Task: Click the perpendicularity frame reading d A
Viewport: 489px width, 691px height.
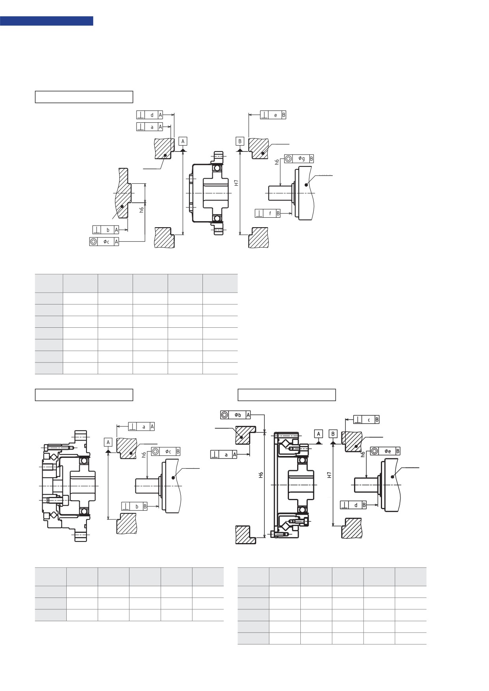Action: [x=150, y=115]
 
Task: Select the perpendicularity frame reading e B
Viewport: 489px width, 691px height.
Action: [x=273, y=115]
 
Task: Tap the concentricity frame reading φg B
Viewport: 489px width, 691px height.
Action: [x=299, y=159]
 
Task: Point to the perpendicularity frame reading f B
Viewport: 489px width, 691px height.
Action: [x=268, y=213]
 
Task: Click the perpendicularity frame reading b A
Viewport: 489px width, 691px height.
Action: [x=105, y=230]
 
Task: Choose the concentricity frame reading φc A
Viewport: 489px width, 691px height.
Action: [x=104, y=242]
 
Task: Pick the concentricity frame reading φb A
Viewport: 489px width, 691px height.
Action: [x=236, y=415]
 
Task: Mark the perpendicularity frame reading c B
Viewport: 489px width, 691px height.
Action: [x=366, y=420]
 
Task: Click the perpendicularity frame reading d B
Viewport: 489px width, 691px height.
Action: [x=353, y=505]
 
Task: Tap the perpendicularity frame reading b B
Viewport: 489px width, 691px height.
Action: [x=134, y=506]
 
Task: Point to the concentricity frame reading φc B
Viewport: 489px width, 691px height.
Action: [x=166, y=451]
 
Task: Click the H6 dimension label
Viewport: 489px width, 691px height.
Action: [x=261, y=475]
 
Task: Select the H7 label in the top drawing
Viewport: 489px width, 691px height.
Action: [x=236, y=183]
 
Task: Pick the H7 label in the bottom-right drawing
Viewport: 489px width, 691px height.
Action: [x=330, y=475]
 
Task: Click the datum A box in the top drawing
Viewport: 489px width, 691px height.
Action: [x=183, y=141]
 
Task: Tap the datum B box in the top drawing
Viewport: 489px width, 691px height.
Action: [x=240, y=141]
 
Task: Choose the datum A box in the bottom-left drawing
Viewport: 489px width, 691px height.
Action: [x=108, y=442]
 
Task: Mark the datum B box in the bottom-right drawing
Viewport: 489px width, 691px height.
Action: [x=333, y=434]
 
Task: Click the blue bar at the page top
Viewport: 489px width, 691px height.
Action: [x=47, y=21]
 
